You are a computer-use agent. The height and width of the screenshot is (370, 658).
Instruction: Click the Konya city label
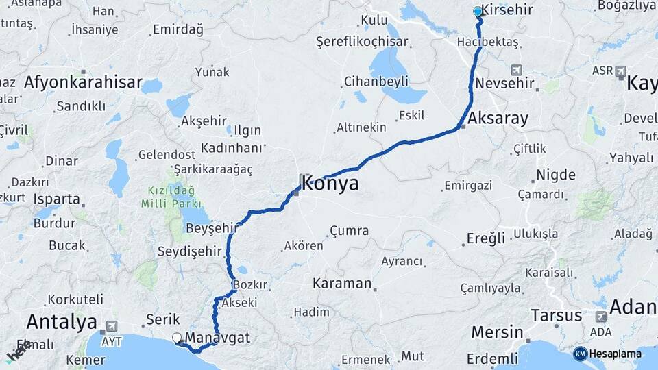pos(330,184)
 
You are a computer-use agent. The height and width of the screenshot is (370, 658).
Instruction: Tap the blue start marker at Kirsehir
pos(478,12)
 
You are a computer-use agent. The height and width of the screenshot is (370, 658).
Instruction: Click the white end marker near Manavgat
pos(177,337)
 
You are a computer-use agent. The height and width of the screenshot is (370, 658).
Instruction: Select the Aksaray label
pos(498,119)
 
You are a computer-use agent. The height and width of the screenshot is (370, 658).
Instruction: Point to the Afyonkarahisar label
pos(83,84)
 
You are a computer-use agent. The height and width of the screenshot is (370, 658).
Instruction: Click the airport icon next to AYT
pos(111,326)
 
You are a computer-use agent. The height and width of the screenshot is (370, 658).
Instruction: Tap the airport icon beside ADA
pos(601,317)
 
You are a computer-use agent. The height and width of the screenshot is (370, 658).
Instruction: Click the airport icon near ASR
pos(620,71)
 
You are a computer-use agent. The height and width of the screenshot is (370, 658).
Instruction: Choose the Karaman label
pos(342,283)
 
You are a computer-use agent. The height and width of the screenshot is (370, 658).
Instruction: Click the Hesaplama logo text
pos(614,354)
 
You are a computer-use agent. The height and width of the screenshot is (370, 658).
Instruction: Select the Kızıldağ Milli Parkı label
pos(170,197)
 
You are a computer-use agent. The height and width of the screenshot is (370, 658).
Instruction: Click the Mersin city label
pos(497,332)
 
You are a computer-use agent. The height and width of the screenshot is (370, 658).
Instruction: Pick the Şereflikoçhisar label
pos(362,42)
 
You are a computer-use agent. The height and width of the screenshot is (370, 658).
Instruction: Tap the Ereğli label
pos(486,238)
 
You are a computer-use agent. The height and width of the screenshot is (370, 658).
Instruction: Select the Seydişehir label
pos(191,251)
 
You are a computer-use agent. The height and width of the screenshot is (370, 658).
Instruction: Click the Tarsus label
pos(556,316)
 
